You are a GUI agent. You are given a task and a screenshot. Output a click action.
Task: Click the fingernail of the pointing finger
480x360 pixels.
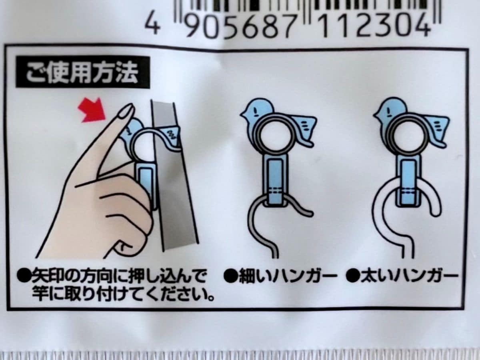(126, 112)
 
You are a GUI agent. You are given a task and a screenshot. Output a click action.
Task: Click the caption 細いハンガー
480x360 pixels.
(280, 276)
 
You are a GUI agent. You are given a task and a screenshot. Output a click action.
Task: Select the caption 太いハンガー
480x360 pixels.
(402, 276)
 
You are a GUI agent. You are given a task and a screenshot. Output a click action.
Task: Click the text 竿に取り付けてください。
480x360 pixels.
(122, 296)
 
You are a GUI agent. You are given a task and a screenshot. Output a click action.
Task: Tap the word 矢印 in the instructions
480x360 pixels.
(44, 276)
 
